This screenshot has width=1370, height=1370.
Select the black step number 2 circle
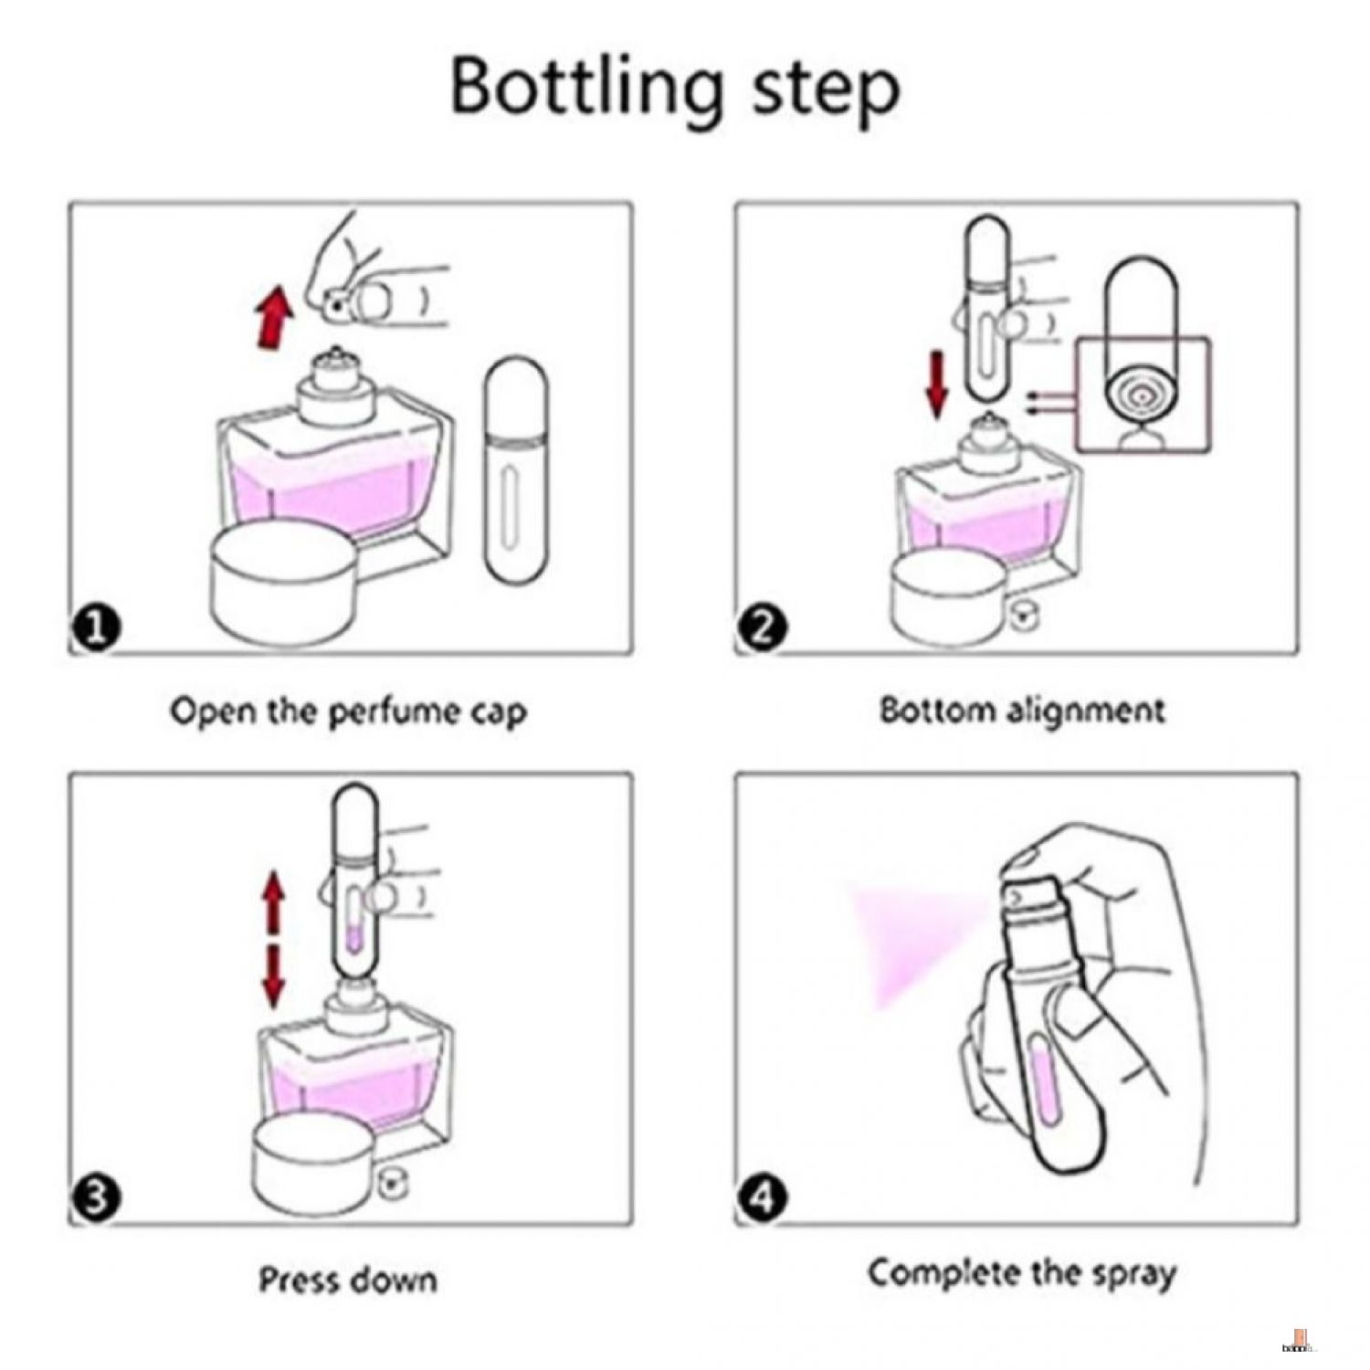(763, 628)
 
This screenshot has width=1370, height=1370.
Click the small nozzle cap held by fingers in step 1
(340, 305)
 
